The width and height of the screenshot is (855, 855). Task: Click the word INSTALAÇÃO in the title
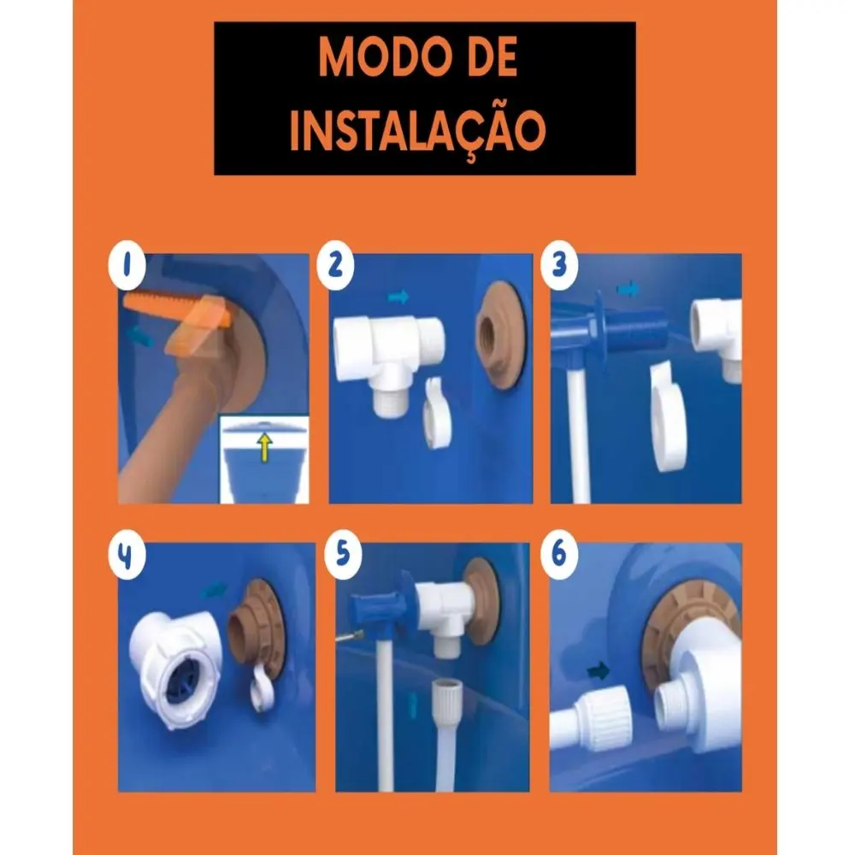[x=418, y=131]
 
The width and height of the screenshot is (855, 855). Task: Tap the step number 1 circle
[x=127, y=266]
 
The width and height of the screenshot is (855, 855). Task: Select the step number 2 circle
[x=335, y=266]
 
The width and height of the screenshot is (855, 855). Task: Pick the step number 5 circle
[x=343, y=554]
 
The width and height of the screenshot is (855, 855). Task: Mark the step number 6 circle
[x=559, y=554]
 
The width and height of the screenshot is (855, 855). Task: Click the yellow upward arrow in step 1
[x=265, y=447]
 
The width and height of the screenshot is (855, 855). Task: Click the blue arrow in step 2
[x=398, y=298]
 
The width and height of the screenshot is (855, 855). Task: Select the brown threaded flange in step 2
[x=499, y=335]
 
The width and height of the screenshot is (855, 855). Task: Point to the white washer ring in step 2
[x=436, y=413]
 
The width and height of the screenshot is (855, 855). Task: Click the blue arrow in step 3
[x=628, y=289]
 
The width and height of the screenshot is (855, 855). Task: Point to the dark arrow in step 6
[x=598, y=671]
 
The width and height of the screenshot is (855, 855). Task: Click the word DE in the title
[x=489, y=57]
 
